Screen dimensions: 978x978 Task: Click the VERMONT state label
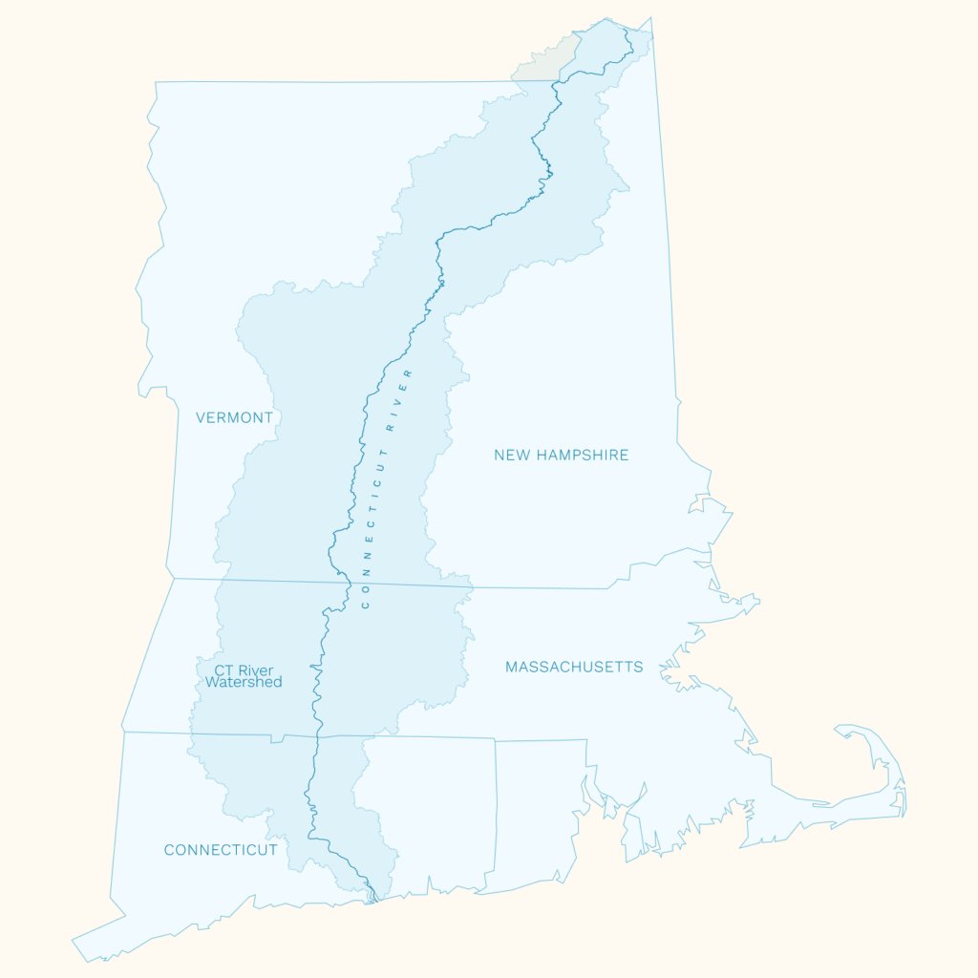click(234, 417)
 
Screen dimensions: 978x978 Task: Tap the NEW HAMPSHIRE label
click(561, 455)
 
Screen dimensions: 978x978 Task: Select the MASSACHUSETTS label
click(574, 667)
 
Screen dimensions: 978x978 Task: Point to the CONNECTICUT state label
click(221, 850)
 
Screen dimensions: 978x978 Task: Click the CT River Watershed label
click(244, 676)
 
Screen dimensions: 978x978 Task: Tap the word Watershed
click(244, 683)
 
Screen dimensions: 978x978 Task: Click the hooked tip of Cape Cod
click(840, 731)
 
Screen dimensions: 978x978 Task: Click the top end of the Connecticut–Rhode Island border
click(495, 738)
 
